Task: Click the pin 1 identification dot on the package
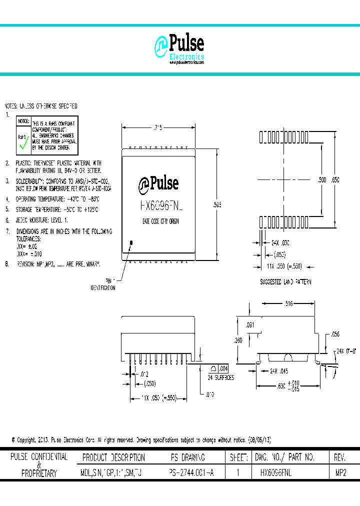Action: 132,243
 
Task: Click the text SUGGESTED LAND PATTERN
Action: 285,282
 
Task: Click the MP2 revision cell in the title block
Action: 340,472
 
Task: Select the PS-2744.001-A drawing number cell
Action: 191,472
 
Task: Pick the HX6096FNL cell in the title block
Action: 276,472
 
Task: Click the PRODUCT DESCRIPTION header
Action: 113,457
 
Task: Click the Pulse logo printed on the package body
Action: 158,183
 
